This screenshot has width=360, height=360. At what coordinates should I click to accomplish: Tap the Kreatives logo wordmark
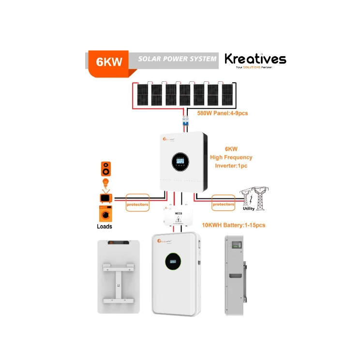pyautogui.click(x=255, y=60)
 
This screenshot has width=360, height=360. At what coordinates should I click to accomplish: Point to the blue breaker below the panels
pyautogui.click(x=185, y=122)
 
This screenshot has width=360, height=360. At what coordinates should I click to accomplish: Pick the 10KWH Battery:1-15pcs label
pyautogui.click(x=232, y=225)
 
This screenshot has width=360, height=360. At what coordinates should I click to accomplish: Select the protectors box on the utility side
pyautogui.click(x=224, y=204)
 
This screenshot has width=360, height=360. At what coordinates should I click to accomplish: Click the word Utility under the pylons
pyautogui.click(x=248, y=209)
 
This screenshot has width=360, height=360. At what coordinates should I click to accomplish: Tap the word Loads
pyautogui.click(x=104, y=226)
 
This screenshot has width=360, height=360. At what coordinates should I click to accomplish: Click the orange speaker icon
pyautogui.click(x=105, y=169)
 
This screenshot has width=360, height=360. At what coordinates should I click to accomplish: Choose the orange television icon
pyautogui.click(x=105, y=198)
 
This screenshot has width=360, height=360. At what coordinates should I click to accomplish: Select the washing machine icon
pyautogui.click(x=105, y=213)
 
